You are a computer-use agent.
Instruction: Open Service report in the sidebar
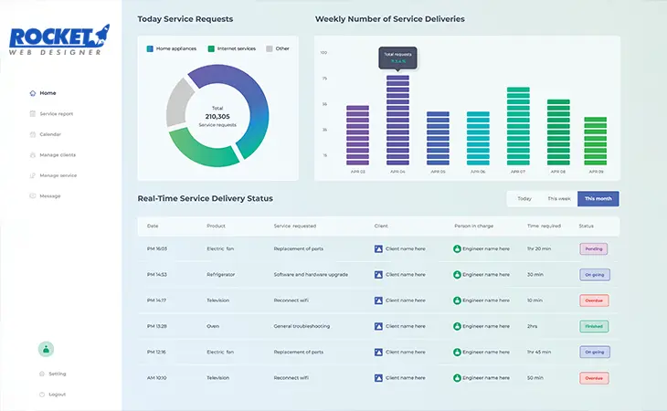(56, 113)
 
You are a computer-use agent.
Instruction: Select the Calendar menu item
(50, 134)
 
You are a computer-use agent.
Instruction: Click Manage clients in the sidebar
(58, 154)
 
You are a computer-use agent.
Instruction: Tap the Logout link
(57, 394)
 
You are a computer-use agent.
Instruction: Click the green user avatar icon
(47, 348)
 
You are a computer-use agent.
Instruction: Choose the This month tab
(598, 198)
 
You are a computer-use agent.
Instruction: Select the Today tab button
(524, 198)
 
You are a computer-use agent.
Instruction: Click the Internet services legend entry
(234, 48)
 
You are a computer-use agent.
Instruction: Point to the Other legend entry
(281, 48)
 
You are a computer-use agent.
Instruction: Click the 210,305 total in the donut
(217, 116)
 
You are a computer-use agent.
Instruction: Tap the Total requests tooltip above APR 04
(397, 58)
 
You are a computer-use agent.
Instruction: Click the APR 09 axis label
(596, 172)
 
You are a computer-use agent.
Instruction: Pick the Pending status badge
(594, 248)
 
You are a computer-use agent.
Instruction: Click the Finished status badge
(594, 326)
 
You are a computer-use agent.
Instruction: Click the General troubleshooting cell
(304, 326)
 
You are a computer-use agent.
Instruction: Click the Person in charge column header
(475, 226)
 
